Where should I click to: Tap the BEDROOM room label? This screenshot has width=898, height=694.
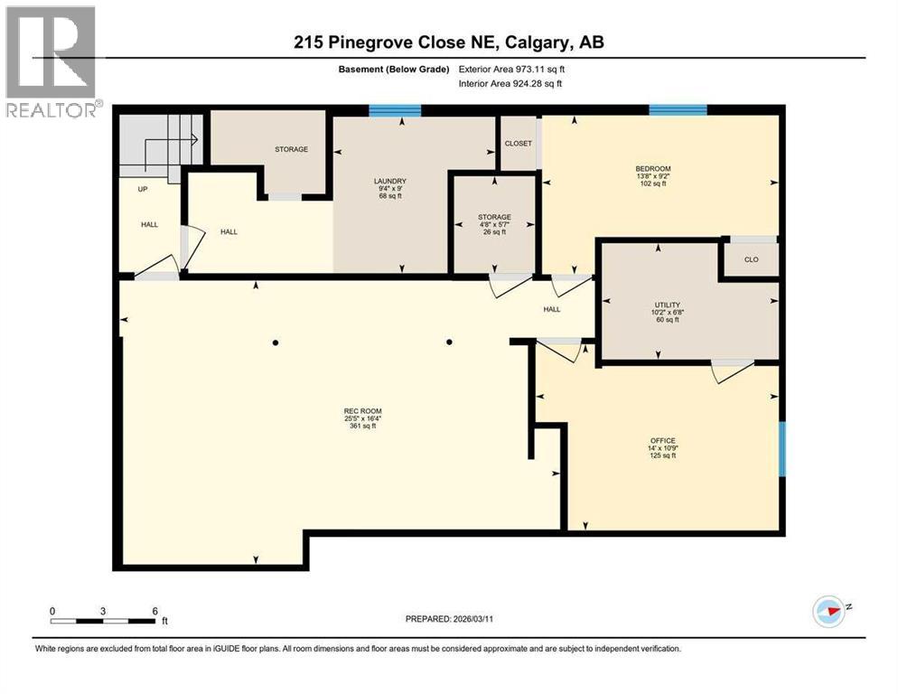tap(652, 168)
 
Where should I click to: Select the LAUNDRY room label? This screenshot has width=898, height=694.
tap(391, 180)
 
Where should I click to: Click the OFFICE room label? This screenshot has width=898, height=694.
tap(663, 441)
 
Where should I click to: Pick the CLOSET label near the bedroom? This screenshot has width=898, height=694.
tap(519, 144)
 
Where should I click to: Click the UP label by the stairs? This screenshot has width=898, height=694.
tap(143, 190)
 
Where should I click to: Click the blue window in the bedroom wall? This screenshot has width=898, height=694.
tap(678, 110)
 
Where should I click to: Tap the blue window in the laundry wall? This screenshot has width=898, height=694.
tap(395, 110)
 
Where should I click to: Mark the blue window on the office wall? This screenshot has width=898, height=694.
tap(782, 448)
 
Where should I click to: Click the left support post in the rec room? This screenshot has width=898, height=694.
tap(276, 342)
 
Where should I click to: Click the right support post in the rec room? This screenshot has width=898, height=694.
tap(449, 342)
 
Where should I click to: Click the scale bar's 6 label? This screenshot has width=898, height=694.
tap(155, 611)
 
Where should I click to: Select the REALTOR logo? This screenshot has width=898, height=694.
tap(51, 61)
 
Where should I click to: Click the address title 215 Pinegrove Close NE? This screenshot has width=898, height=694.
tap(448, 42)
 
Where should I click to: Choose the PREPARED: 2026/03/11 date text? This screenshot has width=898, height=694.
tap(448, 618)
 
